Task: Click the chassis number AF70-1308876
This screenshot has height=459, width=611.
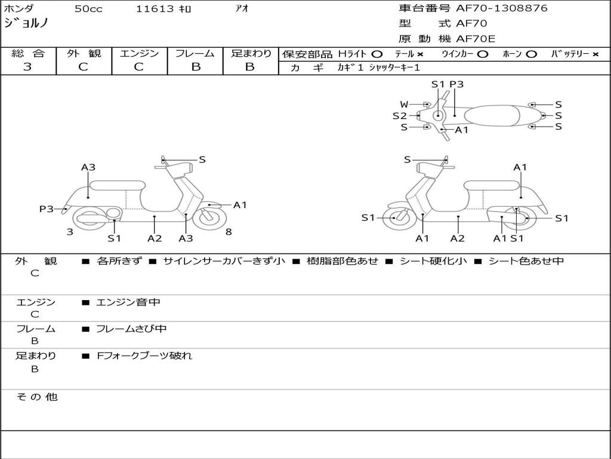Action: point(501,8)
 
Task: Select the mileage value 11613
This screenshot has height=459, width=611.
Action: point(155,9)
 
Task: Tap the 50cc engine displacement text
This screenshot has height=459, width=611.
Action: point(88,9)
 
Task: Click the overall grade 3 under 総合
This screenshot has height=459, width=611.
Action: point(27,67)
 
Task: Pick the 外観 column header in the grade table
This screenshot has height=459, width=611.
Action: point(84,53)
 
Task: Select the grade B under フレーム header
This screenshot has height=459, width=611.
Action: point(196,67)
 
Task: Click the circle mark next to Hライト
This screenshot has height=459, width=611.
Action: point(377,54)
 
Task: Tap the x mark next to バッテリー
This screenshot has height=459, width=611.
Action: point(595,54)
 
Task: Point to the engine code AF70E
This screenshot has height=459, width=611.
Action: point(476,39)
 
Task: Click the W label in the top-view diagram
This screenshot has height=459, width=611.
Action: point(404,104)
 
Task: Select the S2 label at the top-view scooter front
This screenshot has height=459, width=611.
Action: point(399,115)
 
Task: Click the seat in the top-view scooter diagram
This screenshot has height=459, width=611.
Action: point(492,115)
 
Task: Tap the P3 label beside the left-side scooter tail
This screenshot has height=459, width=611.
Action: point(47,209)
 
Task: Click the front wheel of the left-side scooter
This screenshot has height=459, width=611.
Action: point(209,219)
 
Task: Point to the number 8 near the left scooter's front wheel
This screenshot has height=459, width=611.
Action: point(229,232)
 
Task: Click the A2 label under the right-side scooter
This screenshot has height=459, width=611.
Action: point(458,238)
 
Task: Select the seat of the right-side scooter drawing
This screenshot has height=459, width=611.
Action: point(492,185)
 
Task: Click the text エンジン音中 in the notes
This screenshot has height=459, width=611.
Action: point(128,302)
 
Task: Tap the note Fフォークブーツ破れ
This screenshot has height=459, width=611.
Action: point(144,356)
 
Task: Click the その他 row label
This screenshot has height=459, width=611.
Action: point(37,397)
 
